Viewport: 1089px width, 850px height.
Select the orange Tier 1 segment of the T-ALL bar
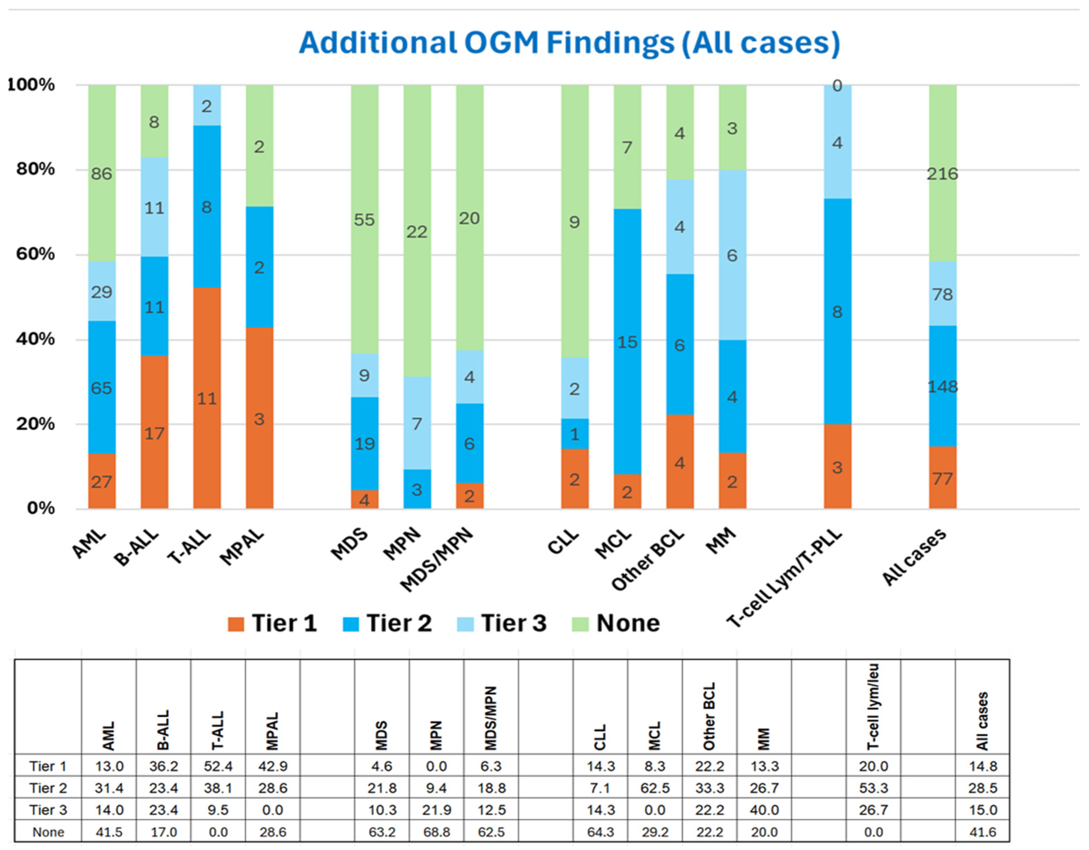[x=207, y=398]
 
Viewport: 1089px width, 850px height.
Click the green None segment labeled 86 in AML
[x=102, y=173]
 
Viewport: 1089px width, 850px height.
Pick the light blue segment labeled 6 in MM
[x=732, y=255]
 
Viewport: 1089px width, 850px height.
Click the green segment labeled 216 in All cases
[x=942, y=173]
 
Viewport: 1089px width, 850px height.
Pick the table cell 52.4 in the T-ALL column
[x=218, y=766]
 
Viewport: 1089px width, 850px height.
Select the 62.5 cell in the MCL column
[x=655, y=788]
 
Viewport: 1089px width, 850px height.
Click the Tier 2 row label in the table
[x=48, y=788]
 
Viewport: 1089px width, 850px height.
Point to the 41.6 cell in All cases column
[x=982, y=831]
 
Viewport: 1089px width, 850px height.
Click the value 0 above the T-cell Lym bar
[x=837, y=86]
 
